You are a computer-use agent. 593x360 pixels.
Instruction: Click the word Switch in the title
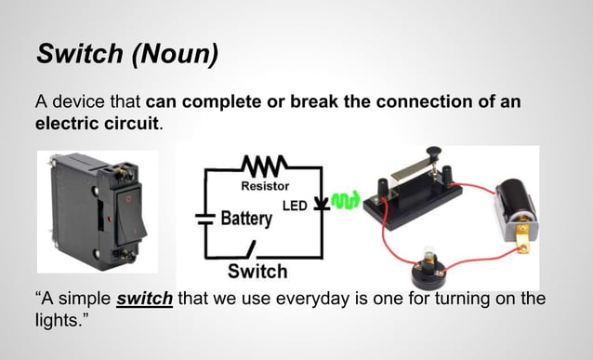click(78, 53)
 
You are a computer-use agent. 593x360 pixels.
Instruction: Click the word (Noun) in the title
click(174, 53)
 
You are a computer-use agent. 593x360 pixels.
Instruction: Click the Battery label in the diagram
click(245, 220)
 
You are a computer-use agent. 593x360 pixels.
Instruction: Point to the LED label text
click(296, 204)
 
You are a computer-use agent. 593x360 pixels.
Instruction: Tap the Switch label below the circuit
click(257, 272)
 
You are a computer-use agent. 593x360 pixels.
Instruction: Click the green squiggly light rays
click(345, 201)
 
